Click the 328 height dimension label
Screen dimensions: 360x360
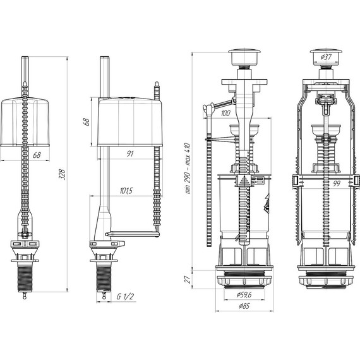[62, 174]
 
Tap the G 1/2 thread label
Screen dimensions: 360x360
[125, 296]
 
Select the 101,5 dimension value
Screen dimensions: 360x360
[126, 191]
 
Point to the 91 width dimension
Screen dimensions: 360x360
[130, 153]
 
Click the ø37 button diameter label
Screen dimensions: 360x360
[326, 57]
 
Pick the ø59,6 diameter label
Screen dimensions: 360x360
[244, 294]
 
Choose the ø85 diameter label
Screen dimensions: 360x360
[244, 306]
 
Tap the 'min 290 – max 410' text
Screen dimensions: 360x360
[188, 168]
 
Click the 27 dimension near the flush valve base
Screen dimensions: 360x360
[188, 279]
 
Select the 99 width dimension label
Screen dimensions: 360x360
[337, 183]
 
